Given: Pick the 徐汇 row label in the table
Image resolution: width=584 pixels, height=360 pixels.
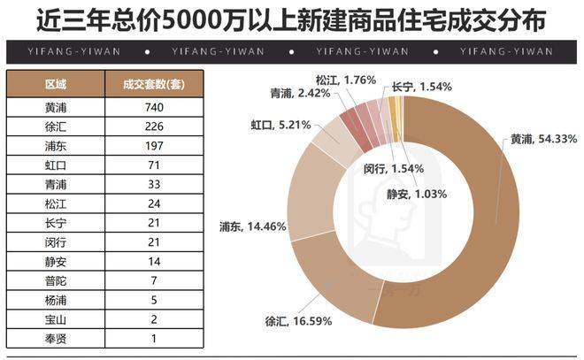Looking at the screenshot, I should coord(55,126).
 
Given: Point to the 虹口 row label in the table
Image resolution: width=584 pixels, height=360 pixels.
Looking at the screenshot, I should coord(55,165).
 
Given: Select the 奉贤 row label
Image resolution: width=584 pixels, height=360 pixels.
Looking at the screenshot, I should coord(55,341).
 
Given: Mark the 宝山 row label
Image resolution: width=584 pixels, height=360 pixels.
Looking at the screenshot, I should coord(55,321).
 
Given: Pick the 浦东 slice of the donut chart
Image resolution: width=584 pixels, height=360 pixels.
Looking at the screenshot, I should coord(305,208).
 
